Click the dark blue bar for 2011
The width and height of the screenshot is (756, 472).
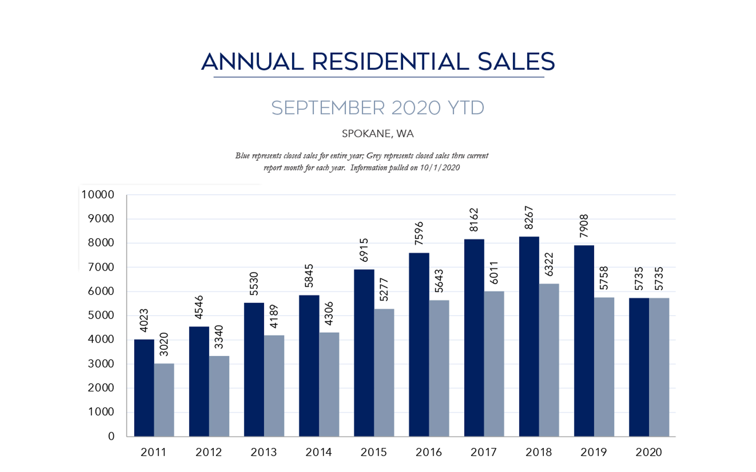pyautogui.click(x=144, y=388)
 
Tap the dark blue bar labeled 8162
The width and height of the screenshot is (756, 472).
pyautogui.click(x=474, y=338)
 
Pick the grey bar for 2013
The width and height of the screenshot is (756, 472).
pyautogui.click(x=274, y=386)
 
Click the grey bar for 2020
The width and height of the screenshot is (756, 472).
pyautogui.click(x=659, y=367)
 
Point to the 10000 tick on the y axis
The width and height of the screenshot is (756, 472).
pyautogui.click(x=98, y=195)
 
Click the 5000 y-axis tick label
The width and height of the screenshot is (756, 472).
pyautogui.click(x=101, y=315)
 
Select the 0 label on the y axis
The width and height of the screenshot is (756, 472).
pyautogui.click(x=111, y=437)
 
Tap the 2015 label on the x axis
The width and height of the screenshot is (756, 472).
pyautogui.click(x=373, y=452)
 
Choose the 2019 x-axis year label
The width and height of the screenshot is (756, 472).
pyautogui.click(x=593, y=452)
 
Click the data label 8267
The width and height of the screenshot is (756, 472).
pyautogui.click(x=529, y=218)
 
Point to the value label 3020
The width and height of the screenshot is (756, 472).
pyautogui.click(x=164, y=344)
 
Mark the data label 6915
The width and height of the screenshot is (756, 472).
pyautogui.click(x=364, y=250)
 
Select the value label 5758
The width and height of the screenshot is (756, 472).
pyautogui.click(x=604, y=278)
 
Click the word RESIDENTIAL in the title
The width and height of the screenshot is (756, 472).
pyautogui.click(x=390, y=62)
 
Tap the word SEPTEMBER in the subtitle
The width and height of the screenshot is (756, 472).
pyautogui.click(x=327, y=108)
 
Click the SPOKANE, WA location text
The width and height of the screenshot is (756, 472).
pyautogui.click(x=378, y=134)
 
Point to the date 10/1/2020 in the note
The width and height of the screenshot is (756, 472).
pyautogui.click(x=440, y=168)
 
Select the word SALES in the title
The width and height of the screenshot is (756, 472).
pyautogui.click(x=516, y=62)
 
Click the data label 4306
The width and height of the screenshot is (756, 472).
pyautogui.click(x=329, y=313)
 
